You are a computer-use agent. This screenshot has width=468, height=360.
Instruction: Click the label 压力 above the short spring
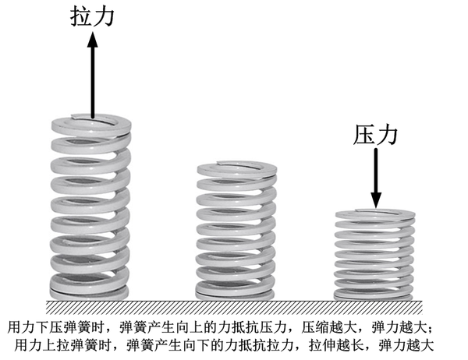click(376, 134)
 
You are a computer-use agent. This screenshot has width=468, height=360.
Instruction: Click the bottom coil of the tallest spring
click(90, 289)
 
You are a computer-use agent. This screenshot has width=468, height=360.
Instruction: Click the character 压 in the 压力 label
click(365, 134)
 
